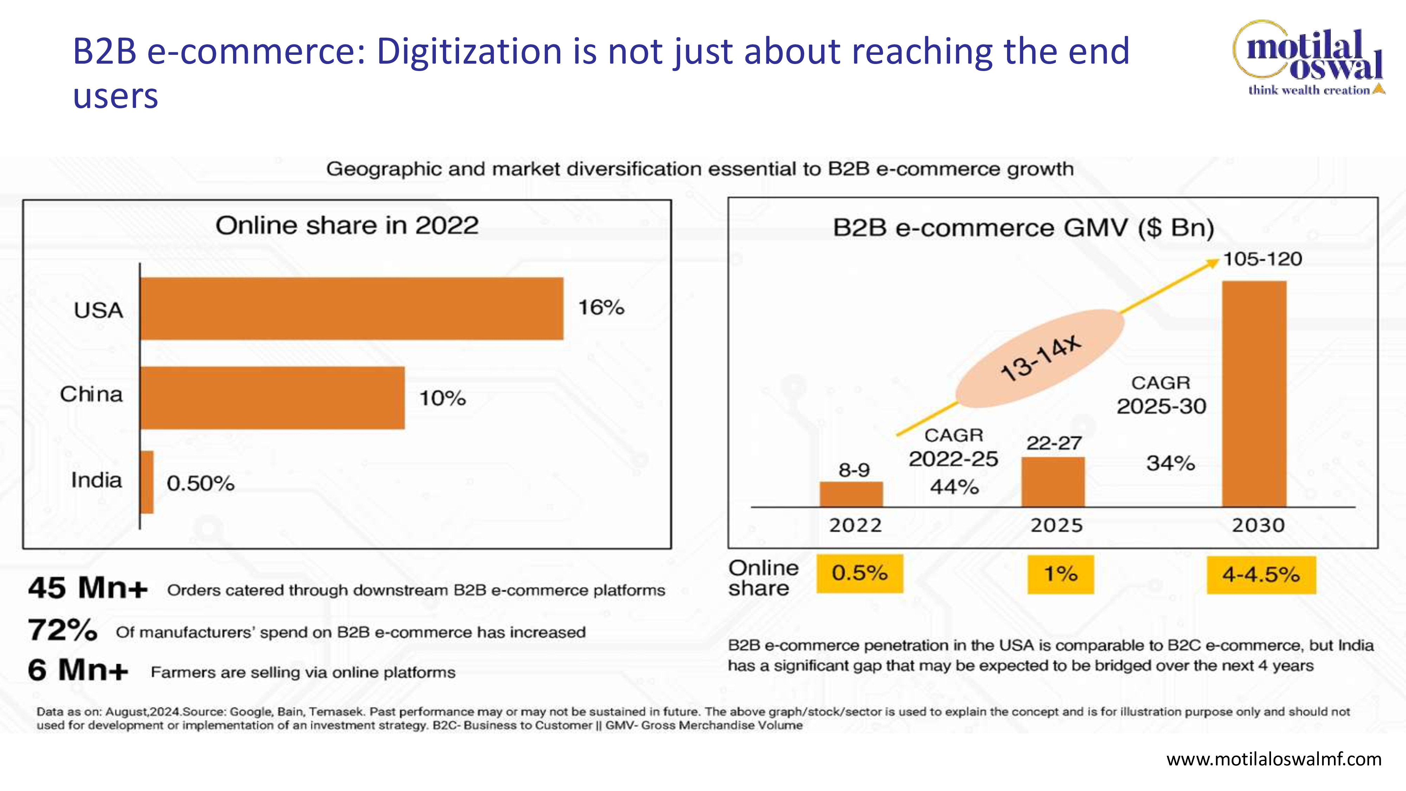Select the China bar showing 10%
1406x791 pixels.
(x=272, y=398)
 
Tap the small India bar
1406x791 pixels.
(x=147, y=482)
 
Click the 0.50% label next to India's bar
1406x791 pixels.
(x=200, y=483)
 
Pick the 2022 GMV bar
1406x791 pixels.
(x=851, y=494)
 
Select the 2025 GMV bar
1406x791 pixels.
(x=1053, y=482)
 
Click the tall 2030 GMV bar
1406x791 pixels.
(x=1254, y=394)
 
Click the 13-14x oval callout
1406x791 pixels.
(x=1040, y=359)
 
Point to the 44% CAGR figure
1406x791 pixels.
(x=954, y=487)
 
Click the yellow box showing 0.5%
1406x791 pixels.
(x=860, y=573)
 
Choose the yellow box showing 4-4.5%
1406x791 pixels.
(x=1262, y=575)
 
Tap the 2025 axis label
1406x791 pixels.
(x=1057, y=525)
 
